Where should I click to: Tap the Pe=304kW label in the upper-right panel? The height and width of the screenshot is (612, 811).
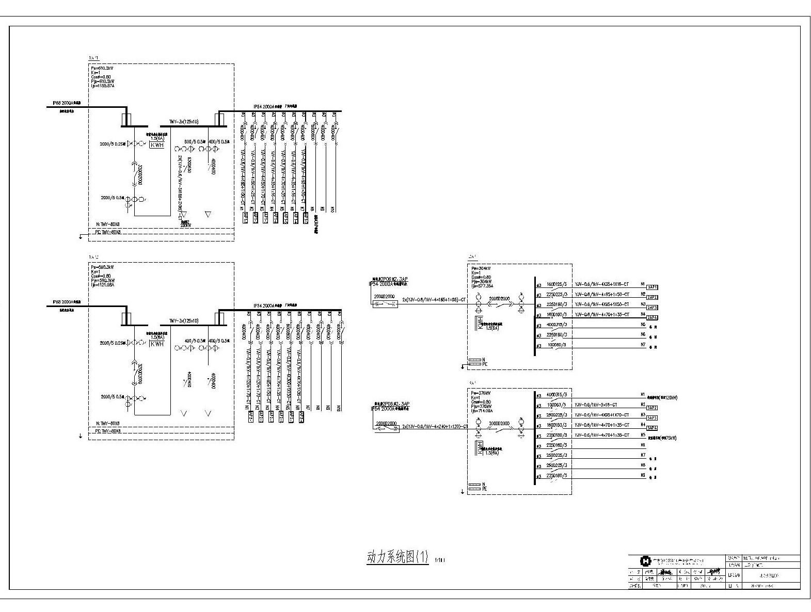[x=480, y=269]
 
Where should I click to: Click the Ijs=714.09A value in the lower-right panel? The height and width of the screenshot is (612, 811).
[x=482, y=411]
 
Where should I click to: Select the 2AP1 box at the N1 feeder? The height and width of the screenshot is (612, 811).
[x=652, y=287]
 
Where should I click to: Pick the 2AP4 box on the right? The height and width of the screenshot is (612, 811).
[x=652, y=317]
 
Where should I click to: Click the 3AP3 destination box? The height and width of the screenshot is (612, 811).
[x=652, y=418]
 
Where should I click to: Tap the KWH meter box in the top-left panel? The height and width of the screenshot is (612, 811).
[x=157, y=146]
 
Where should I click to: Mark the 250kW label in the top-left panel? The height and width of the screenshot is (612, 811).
[x=186, y=225]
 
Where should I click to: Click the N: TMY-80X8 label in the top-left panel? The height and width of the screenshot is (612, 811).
[x=108, y=224]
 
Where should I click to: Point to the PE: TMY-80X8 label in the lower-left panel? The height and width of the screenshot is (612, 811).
[x=108, y=431]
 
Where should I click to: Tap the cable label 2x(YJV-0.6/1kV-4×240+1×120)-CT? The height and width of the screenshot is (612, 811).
[x=435, y=427]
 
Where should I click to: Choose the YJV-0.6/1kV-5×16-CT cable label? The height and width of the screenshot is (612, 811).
[x=595, y=405]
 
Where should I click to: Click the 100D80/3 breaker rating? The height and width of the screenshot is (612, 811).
[x=556, y=345]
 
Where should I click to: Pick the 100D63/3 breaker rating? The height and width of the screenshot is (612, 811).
[x=556, y=405]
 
